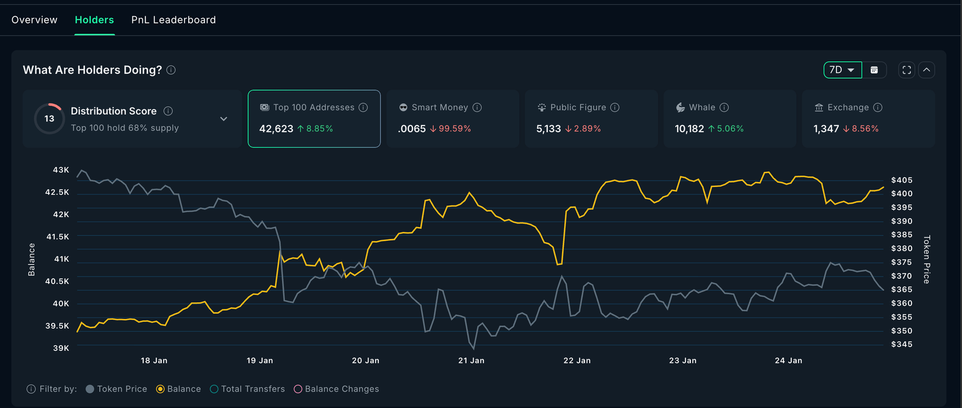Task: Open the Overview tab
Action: pyautogui.click(x=34, y=20)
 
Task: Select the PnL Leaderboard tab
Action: pyautogui.click(x=173, y=20)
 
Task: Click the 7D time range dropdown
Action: pyautogui.click(x=842, y=70)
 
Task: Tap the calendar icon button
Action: pyautogui.click(x=874, y=70)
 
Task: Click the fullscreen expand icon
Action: pyautogui.click(x=907, y=70)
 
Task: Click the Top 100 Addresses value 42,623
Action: pyautogui.click(x=276, y=129)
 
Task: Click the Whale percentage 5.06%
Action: pyautogui.click(x=730, y=129)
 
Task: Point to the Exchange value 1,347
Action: pyautogui.click(x=826, y=129)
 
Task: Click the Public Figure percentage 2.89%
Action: pyautogui.click(x=587, y=129)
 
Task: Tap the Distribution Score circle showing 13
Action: pyautogui.click(x=49, y=118)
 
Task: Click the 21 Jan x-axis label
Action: pyautogui.click(x=471, y=361)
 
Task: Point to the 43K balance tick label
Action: pyautogui.click(x=61, y=170)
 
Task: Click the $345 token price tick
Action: pyautogui.click(x=901, y=344)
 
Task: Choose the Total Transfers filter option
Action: pyautogui.click(x=247, y=389)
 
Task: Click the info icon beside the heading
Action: pyautogui.click(x=171, y=70)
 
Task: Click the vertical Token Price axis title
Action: pyautogui.click(x=927, y=260)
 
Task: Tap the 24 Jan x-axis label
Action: pyautogui.click(x=788, y=361)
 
